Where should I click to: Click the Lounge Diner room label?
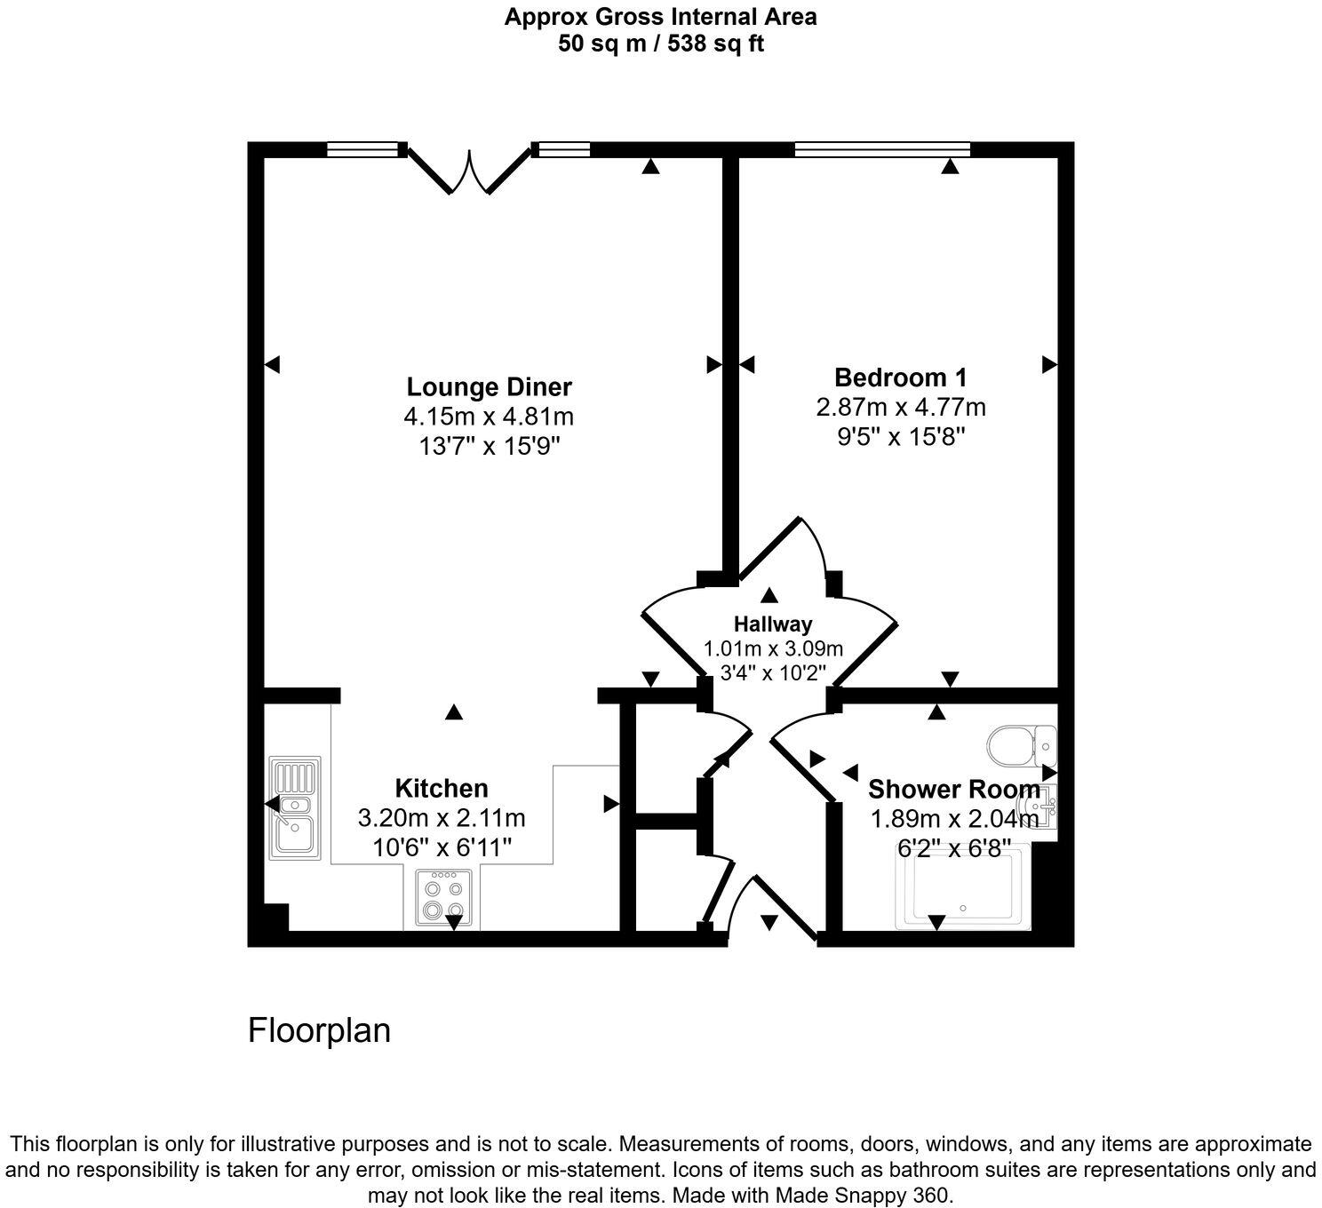[x=489, y=387]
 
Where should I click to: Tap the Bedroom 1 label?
[x=901, y=377]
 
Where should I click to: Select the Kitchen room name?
[x=442, y=788]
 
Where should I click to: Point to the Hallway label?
[x=772, y=624]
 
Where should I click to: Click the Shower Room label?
[x=953, y=789]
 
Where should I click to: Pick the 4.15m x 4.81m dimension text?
[x=489, y=416]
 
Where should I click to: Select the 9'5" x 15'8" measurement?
[x=901, y=436]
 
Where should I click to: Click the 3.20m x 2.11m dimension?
[x=442, y=817]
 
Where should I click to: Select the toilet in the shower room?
[x=1022, y=745]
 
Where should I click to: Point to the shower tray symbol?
[x=961, y=888]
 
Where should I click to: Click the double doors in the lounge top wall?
[x=469, y=169]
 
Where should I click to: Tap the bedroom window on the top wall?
[x=881, y=149]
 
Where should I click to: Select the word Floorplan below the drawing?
[x=319, y=1030]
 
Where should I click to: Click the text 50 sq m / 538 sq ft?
[x=660, y=44]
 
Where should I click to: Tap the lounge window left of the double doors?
[x=362, y=149]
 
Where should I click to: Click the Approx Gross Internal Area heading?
[x=660, y=16]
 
